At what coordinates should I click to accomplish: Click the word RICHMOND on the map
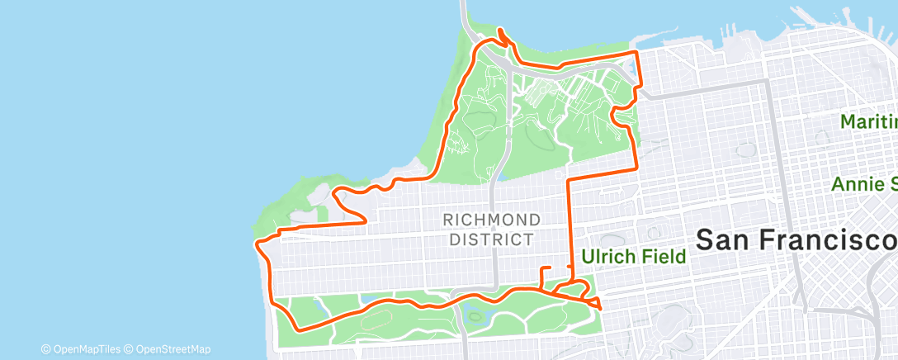coord(492,220)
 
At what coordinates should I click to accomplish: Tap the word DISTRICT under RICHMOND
coord(492,239)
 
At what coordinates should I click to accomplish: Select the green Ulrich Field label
coord(634,257)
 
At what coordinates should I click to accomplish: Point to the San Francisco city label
coord(796,239)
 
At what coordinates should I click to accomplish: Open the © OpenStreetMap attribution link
coord(168,348)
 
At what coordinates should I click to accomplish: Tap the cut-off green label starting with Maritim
coord(868,122)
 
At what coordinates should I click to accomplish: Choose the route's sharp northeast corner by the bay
coord(636,53)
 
